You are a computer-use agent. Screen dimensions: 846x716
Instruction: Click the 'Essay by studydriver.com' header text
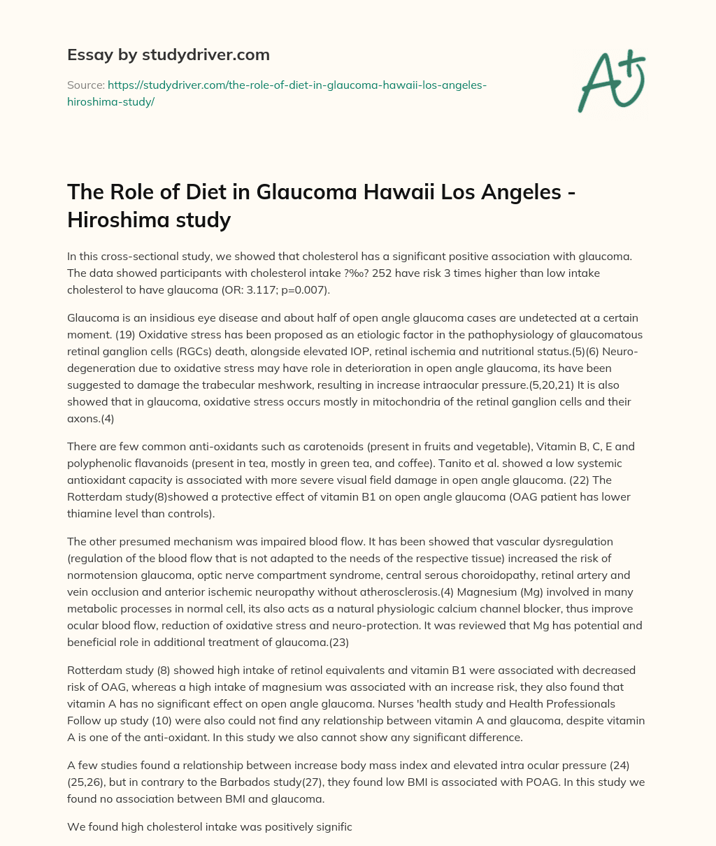pos(169,55)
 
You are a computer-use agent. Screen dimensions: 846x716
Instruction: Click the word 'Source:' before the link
pos(85,85)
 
